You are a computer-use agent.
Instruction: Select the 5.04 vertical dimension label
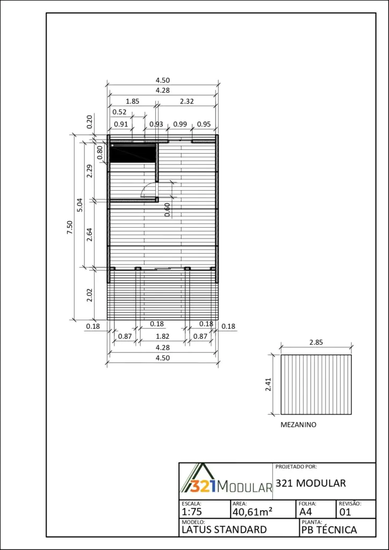[81, 205]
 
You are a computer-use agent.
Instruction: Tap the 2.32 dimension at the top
[186, 102]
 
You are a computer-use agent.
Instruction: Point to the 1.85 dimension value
[133, 102]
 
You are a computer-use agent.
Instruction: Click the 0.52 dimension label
[119, 113]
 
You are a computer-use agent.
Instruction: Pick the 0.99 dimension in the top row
[180, 124]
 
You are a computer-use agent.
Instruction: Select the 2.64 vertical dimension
[90, 234]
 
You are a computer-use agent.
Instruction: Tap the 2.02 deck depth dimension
[90, 295]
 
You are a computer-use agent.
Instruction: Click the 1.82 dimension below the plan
[162, 336]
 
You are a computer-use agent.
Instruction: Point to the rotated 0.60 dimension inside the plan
[167, 210]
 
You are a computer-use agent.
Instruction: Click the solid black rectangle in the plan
[133, 153]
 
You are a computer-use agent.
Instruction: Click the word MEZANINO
[299, 425]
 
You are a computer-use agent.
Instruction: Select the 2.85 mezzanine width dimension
[316, 342]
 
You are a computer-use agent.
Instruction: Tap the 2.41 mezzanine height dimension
[268, 384]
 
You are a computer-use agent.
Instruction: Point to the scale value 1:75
[192, 512]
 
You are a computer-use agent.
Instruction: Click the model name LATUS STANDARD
[224, 530]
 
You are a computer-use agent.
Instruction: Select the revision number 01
[345, 512]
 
